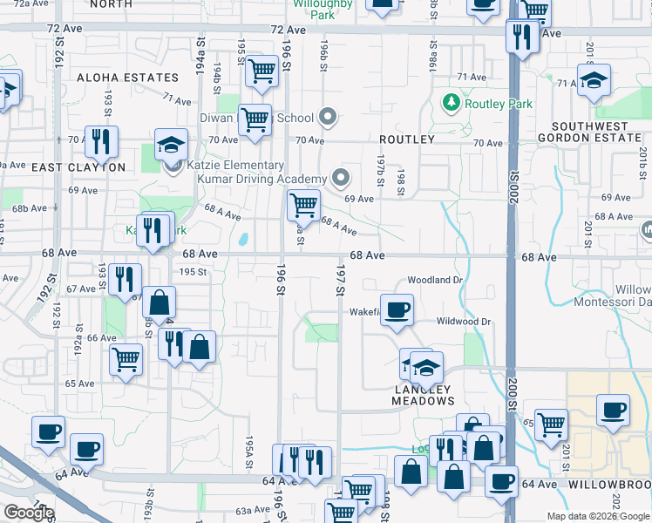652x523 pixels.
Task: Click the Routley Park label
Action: (x=499, y=104)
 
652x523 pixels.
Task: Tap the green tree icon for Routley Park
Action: (x=452, y=104)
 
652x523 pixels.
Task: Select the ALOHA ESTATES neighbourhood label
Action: (x=127, y=78)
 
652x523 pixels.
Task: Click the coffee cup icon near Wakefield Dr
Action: (x=397, y=309)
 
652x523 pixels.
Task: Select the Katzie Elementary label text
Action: (x=234, y=165)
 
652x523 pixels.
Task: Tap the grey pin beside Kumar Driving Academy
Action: (x=341, y=179)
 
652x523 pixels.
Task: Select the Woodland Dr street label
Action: (x=433, y=280)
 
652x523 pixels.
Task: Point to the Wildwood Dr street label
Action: (x=463, y=322)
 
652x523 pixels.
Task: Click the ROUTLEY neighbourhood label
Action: (x=406, y=139)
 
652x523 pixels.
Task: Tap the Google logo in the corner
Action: (x=29, y=513)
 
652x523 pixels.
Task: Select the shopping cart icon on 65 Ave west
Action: (x=126, y=358)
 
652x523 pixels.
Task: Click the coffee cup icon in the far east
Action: (x=612, y=410)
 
